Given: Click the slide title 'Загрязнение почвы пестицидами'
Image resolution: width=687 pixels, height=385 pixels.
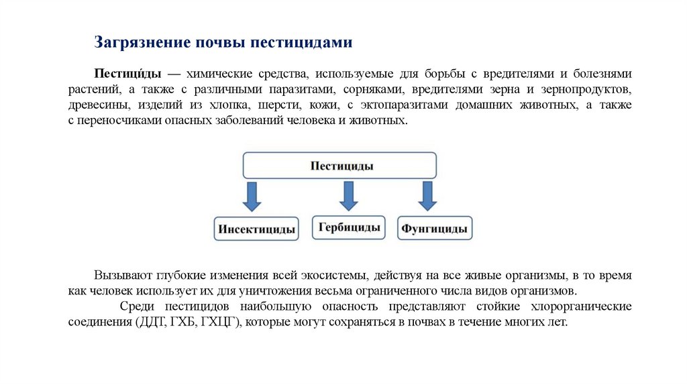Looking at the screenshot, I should point(223,42).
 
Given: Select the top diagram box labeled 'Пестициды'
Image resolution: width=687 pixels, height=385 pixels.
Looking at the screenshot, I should point(339,165).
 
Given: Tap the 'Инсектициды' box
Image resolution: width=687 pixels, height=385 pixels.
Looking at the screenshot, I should point(256,229).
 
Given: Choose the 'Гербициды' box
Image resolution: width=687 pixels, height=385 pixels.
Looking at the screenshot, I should point(350,227).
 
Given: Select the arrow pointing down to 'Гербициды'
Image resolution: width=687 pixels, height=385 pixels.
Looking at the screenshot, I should point(348,195).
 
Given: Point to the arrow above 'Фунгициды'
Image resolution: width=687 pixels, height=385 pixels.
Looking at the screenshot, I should point(427,195).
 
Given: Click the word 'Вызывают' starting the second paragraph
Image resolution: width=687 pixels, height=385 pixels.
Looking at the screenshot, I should point(123,276).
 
